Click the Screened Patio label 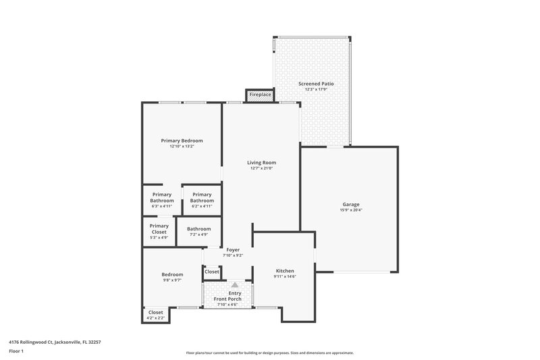pyautogui.click(x=316, y=84)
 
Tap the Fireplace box pyautogui.click(x=260, y=95)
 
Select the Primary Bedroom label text pyautogui.click(x=182, y=140)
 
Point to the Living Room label pyautogui.click(x=261, y=162)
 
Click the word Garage pyautogui.click(x=350, y=204)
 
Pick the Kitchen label pyautogui.click(x=284, y=271)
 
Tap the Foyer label pyautogui.click(x=233, y=250)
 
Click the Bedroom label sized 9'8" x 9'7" pyautogui.click(x=172, y=274)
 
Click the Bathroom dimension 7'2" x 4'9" pyautogui.click(x=199, y=234)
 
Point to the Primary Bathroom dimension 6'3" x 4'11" pyautogui.click(x=162, y=206)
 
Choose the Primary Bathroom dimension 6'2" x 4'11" pyautogui.click(x=202, y=206)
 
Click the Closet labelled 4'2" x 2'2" pyautogui.click(x=155, y=317)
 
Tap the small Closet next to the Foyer pyautogui.click(x=212, y=272)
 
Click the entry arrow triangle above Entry pyautogui.click(x=234, y=285)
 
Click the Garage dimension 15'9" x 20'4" pyautogui.click(x=350, y=210)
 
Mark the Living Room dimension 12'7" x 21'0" pyautogui.click(x=261, y=168)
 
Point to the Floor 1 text pyautogui.click(x=16, y=351)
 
